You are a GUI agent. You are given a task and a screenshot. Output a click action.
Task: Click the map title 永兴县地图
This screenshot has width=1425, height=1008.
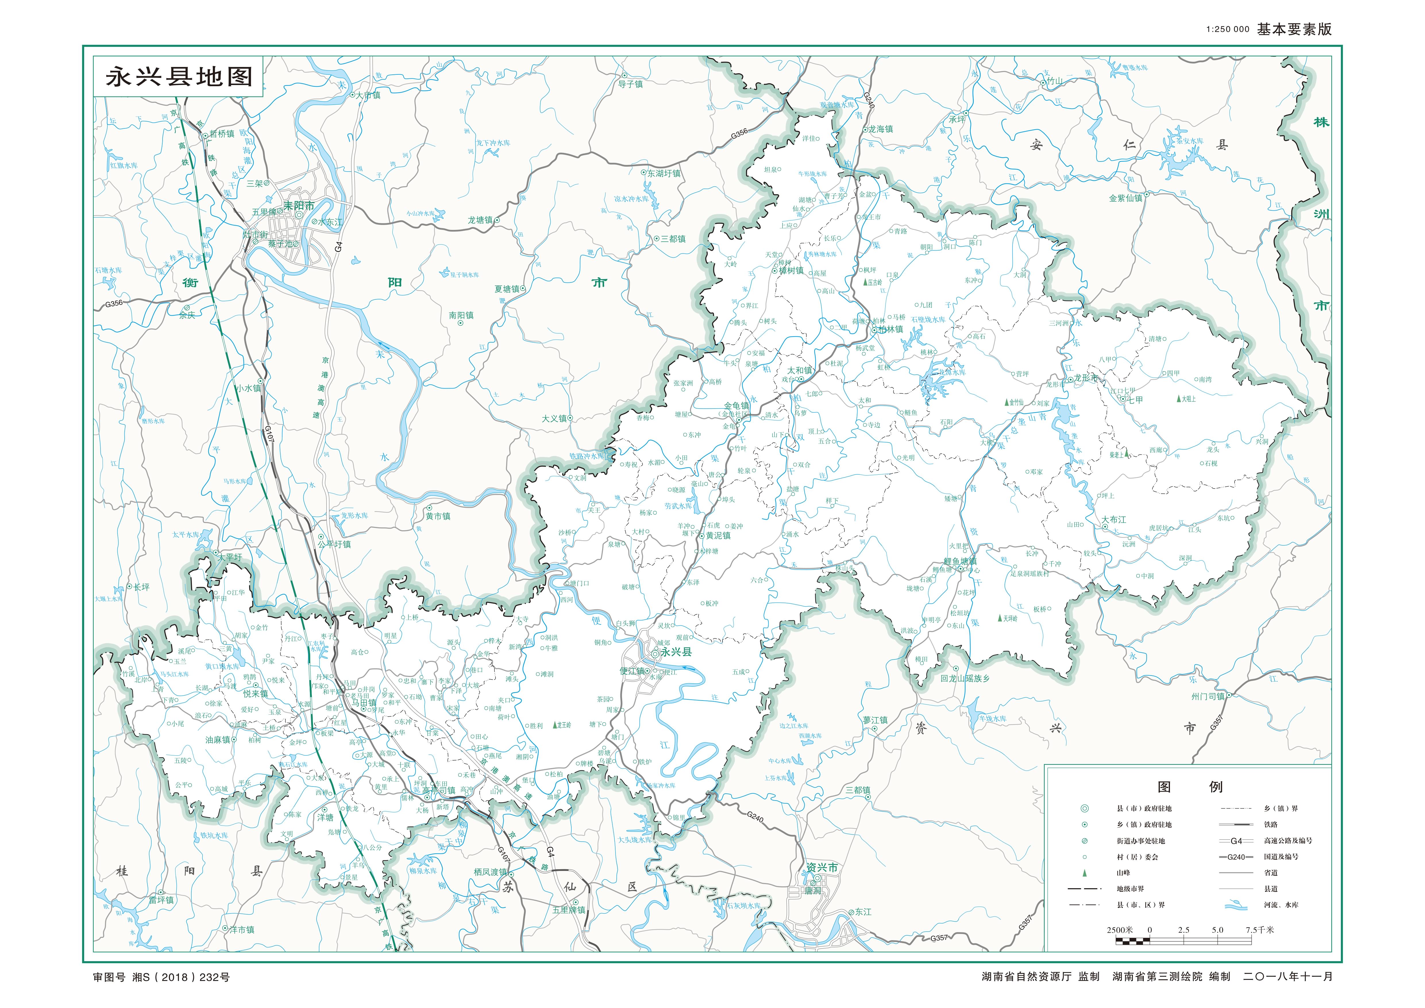(x=179, y=77)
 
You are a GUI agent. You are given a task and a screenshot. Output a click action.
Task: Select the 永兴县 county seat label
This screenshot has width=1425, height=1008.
(x=676, y=652)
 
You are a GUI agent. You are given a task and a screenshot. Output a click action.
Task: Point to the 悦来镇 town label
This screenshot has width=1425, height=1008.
(x=256, y=694)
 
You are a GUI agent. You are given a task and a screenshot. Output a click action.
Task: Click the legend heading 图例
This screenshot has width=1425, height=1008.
(x=1189, y=787)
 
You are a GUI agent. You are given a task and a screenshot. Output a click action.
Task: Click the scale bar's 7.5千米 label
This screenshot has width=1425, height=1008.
(x=1260, y=930)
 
